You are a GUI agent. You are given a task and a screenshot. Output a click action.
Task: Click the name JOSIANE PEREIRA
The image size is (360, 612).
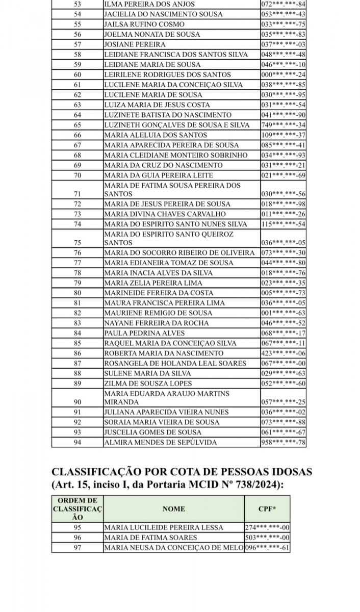(x=127, y=44)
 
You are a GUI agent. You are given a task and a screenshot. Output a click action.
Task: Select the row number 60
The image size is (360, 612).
(x=78, y=74)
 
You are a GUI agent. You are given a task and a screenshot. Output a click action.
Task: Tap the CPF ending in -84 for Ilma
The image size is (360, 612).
(x=283, y=4)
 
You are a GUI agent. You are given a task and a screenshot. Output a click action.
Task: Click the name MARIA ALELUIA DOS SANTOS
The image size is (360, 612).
(x=156, y=135)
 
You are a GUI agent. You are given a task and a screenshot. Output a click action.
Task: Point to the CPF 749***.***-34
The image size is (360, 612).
(x=283, y=125)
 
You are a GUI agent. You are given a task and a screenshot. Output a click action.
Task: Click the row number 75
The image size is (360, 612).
(x=78, y=243)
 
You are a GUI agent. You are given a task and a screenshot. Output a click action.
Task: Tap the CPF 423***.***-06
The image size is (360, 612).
(x=283, y=353)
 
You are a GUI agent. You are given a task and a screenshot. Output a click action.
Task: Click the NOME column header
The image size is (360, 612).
(x=173, y=508)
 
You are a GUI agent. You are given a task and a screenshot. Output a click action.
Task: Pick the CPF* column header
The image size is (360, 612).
(x=267, y=508)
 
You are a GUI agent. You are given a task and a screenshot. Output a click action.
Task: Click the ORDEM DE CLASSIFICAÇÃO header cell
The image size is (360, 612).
(x=78, y=508)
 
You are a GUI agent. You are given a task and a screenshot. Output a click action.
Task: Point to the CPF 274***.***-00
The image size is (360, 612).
(x=267, y=528)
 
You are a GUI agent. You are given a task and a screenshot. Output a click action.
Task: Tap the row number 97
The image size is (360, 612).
(x=78, y=548)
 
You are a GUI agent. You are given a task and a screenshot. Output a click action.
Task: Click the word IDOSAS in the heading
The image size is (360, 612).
(x=287, y=472)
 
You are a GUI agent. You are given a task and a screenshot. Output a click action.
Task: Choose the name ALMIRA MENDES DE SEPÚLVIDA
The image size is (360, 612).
(x=161, y=442)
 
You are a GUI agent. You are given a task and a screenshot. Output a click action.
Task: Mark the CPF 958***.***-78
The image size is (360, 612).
(x=283, y=442)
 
